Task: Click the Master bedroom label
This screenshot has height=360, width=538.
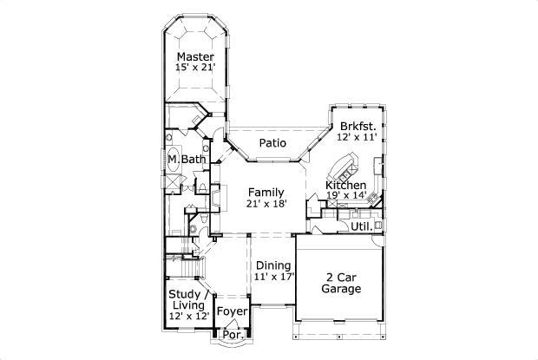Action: tap(195, 56)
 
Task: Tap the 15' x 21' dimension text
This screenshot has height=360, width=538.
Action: tap(195, 68)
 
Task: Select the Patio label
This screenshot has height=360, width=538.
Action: tap(273, 143)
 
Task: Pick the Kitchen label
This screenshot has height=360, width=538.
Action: tap(345, 186)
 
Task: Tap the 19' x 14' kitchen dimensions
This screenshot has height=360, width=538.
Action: tap(345, 196)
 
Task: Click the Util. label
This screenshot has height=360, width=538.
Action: tap(361, 226)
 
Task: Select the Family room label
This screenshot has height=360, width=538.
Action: tap(265, 192)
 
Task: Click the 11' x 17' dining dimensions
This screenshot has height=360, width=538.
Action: tap(273, 277)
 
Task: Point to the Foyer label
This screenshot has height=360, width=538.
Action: tap(232, 311)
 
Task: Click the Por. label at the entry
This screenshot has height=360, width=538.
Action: tap(231, 334)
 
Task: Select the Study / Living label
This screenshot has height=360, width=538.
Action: tap(187, 299)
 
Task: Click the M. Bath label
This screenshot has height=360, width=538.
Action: tap(187, 160)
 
